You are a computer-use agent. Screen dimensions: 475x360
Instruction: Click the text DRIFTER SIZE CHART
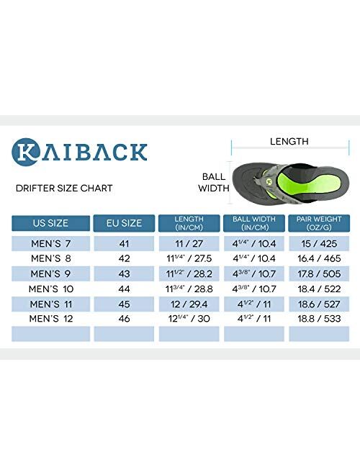(64, 189)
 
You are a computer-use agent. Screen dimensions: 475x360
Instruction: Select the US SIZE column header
(50, 223)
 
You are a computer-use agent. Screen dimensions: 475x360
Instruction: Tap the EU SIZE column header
(124, 223)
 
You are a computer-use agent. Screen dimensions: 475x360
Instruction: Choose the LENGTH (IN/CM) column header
(189, 223)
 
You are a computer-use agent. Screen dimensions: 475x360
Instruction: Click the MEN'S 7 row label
(50, 244)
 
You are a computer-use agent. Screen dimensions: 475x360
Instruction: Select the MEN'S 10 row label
(50, 289)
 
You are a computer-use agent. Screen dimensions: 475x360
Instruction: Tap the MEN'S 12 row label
(50, 317)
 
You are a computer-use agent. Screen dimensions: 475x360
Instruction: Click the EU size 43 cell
(124, 273)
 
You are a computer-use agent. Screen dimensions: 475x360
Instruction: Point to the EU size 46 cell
(124, 317)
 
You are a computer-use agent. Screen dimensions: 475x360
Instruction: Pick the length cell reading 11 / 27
(189, 244)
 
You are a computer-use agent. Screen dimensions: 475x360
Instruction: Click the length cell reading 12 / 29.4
(189, 303)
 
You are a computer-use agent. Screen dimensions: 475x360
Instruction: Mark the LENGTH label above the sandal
(289, 142)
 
